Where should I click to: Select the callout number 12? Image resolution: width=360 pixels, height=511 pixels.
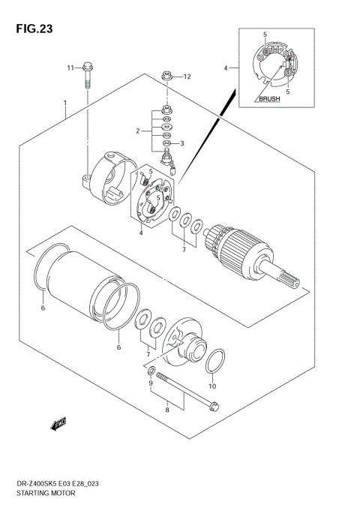187,77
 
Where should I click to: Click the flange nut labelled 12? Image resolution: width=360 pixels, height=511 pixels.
167,76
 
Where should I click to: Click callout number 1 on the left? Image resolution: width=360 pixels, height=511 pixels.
65,102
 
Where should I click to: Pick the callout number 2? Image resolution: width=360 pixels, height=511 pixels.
138,131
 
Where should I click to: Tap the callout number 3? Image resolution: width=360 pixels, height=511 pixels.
181,143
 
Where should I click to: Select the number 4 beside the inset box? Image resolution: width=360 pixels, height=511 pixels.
225,68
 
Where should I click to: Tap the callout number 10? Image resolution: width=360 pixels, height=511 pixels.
212,386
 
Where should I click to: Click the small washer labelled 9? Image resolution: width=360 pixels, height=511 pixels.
151,371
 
